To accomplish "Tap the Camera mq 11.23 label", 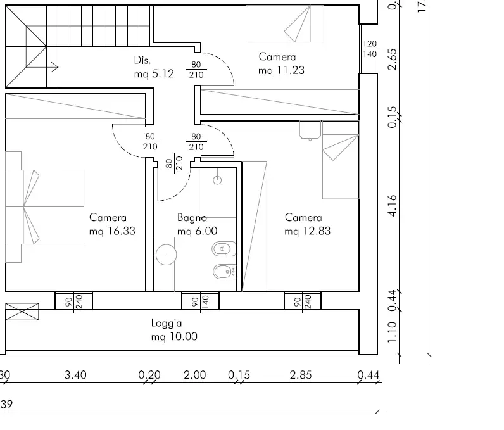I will tap(280, 64).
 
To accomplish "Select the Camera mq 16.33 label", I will tap(112, 224).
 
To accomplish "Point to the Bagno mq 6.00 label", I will tap(197, 224).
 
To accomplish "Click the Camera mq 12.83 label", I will tap(307, 224).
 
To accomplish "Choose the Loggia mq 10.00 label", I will tap(173, 330).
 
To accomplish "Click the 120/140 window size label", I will tap(369, 49).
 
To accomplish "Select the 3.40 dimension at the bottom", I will tap(75, 375).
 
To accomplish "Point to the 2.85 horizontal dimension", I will tap(300, 375).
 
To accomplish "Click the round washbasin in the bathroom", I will tap(166, 255).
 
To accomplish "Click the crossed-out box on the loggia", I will tap(22, 311).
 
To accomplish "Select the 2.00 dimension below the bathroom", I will tap(194, 375).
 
